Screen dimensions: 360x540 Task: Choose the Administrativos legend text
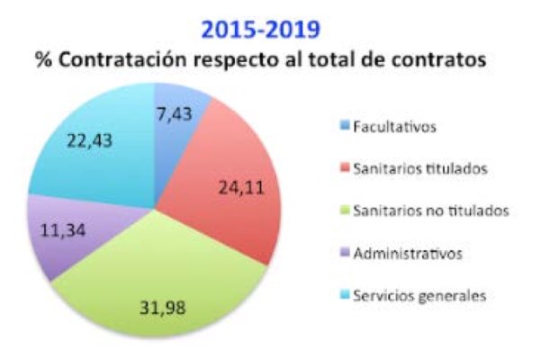[408, 253]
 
